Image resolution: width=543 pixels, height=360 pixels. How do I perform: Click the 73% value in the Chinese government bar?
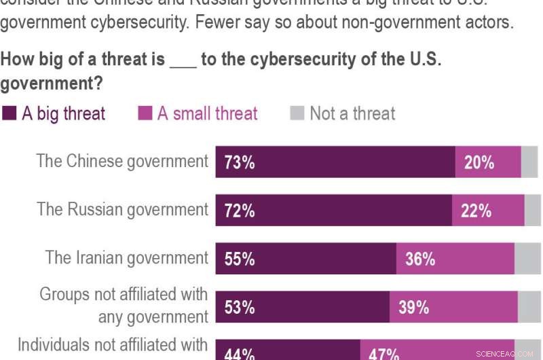pyautogui.click(x=240, y=162)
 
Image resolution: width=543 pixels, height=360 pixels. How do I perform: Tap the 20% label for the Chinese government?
pyautogui.click(x=479, y=162)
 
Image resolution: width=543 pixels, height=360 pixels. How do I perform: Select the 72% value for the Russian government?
pyautogui.click(x=240, y=211)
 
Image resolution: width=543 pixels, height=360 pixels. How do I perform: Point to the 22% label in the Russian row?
pyautogui.click(x=476, y=211)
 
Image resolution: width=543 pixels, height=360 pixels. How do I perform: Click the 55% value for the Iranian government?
pyautogui.click(x=240, y=259)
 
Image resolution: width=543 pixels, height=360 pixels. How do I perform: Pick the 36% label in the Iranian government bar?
pyautogui.click(x=420, y=259)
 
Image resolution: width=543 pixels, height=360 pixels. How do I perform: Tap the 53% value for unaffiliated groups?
pyautogui.click(x=240, y=307)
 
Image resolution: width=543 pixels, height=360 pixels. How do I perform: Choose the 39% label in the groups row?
pyautogui.click(x=413, y=307)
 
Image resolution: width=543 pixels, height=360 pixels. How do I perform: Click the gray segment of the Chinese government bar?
pyautogui.click(x=529, y=162)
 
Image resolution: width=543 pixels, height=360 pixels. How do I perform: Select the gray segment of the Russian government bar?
pyautogui.click(x=533, y=211)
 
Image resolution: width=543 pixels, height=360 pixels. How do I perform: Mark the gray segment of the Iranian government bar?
pyautogui.click(x=527, y=259)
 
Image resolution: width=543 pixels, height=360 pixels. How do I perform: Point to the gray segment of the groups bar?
pyautogui.click(x=529, y=307)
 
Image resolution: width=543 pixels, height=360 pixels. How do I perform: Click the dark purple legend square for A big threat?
pyautogui.click(x=10, y=113)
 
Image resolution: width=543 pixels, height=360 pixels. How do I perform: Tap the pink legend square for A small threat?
pyautogui.click(x=145, y=113)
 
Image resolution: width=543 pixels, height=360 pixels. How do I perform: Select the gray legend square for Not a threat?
pyautogui.click(x=297, y=113)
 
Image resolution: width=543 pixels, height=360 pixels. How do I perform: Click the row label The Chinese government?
pyautogui.click(x=122, y=161)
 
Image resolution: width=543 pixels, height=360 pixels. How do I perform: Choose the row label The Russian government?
pyautogui.click(x=122, y=209)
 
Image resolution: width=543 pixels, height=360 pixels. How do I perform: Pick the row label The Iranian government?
pyautogui.click(x=127, y=257)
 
